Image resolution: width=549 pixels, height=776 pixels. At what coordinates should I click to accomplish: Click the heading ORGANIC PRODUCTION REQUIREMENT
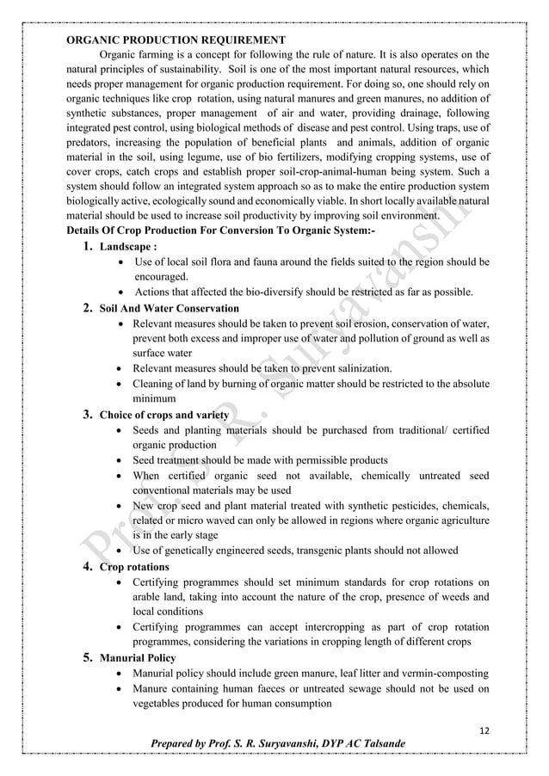[176, 40]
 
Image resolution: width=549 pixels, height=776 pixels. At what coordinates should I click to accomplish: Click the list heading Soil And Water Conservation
[170, 308]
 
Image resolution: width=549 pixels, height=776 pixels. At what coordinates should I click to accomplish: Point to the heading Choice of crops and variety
[164, 415]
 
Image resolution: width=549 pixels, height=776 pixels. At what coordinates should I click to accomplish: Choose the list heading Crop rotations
[134, 568]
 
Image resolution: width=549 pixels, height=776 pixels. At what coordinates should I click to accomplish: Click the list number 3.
[88, 415]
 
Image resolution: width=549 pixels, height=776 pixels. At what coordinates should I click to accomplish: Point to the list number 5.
[88, 658]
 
